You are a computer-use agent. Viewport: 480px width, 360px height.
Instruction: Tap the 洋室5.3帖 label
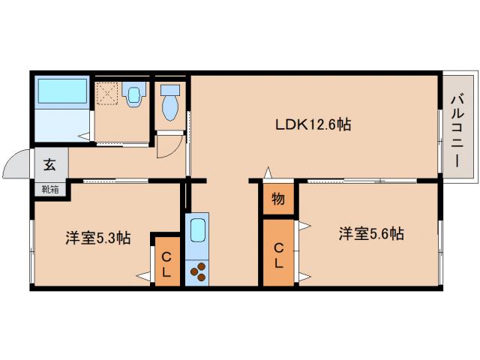click(97, 238)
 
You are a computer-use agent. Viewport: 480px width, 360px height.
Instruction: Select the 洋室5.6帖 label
click(370, 234)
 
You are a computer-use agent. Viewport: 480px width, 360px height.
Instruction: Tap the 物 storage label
click(277, 200)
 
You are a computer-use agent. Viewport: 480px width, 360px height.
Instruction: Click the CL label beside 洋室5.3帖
click(166, 264)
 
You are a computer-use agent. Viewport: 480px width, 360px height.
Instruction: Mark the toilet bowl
click(170, 104)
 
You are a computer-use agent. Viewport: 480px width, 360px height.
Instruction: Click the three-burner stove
click(199, 271)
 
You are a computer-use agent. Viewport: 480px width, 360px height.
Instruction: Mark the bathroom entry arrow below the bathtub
click(84, 136)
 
